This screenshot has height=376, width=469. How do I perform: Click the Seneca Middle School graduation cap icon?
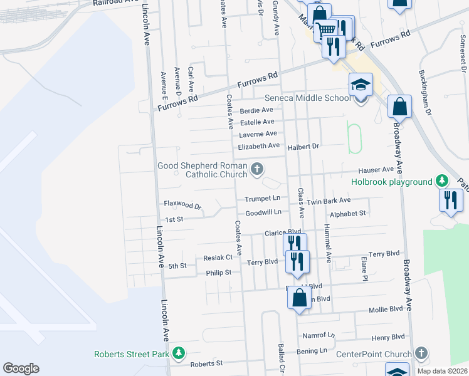361,85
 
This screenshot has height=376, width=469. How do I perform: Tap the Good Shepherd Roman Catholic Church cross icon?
256,169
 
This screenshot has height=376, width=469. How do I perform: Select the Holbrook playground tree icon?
442,182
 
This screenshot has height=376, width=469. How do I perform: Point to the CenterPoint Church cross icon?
421,353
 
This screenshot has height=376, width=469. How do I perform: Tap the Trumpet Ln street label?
261,199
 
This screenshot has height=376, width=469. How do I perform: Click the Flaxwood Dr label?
182,205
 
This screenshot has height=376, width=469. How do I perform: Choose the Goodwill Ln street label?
263,213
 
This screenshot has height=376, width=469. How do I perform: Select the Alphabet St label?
347,214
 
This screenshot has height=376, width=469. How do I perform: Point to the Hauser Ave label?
376,170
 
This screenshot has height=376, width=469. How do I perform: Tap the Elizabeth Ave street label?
258,147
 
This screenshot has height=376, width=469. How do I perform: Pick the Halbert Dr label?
304,147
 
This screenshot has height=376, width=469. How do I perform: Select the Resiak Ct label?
218,258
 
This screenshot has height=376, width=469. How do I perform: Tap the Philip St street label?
219,273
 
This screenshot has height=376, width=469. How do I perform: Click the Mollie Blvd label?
386,310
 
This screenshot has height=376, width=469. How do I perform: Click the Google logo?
21,368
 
